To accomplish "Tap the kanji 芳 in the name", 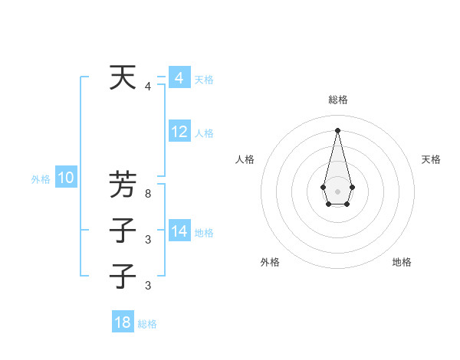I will pos(123,185).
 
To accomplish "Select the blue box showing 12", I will pos(179,132).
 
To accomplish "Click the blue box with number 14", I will pos(179,231).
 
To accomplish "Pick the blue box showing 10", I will pos(65,178).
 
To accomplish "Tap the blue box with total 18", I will pos(123,322).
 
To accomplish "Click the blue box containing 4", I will pos(179,78).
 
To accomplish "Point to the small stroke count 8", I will pos(148,195).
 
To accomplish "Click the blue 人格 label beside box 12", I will pos(204,133).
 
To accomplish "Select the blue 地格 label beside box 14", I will pos(204,233).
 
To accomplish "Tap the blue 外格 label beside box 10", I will pos(41,179).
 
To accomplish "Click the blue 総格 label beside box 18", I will pos(147,324).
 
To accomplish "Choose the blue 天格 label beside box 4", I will pos(204,80).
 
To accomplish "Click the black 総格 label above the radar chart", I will pos(337,100).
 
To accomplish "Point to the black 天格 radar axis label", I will pos(431,159).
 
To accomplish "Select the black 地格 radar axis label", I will pos(402,262).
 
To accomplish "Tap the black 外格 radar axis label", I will pos(270,262).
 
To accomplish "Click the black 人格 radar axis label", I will pos(245,159).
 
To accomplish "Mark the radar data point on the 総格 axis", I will pos(337,129).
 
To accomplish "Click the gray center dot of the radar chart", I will pos(337,191).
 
